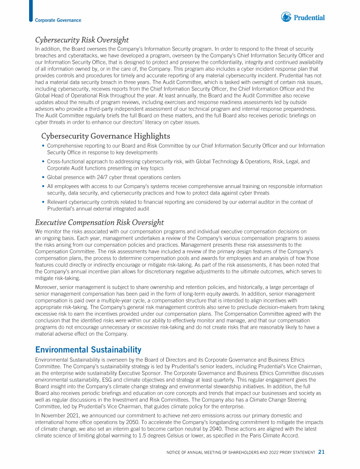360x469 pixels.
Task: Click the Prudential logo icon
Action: tap(286, 17)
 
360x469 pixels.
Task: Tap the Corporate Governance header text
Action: tap(58, 20)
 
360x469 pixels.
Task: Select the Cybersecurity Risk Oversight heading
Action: tap(82, 40)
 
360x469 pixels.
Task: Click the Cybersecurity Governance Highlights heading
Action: tap(105, 136)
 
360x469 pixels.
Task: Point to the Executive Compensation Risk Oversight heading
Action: tap(99, 222)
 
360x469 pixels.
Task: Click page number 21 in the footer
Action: tap(322, 452)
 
